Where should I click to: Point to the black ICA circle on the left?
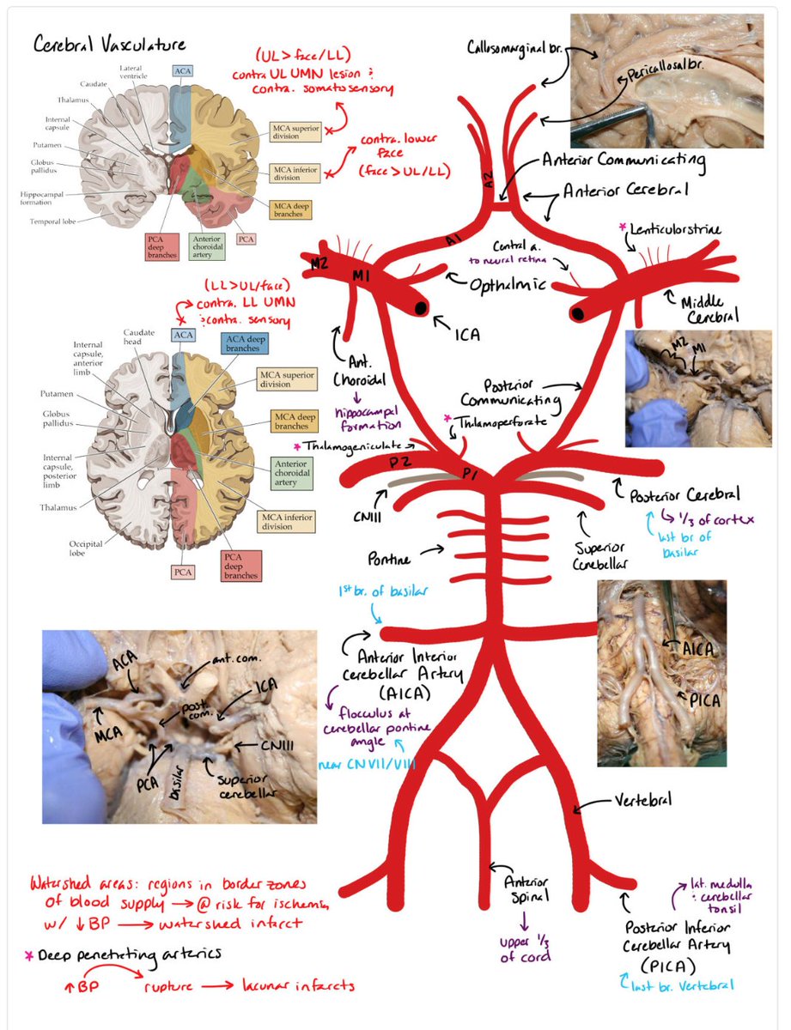[x=422, y=307]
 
